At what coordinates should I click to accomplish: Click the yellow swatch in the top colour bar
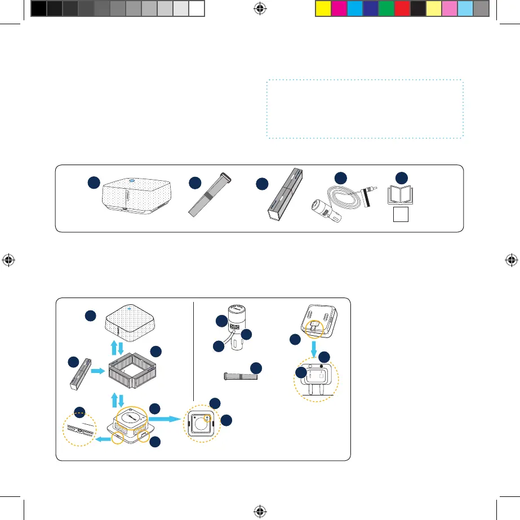click(x=323, y=8)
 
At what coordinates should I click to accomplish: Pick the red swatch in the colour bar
click(x=402, y=8)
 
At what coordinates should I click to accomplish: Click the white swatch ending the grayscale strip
click(x=196, y=8)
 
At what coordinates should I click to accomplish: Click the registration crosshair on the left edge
click(x=9, y=260)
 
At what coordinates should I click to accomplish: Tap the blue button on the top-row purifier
click(x=130, y=181)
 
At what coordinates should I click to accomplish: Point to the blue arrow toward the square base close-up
click(x=163, y=420)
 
